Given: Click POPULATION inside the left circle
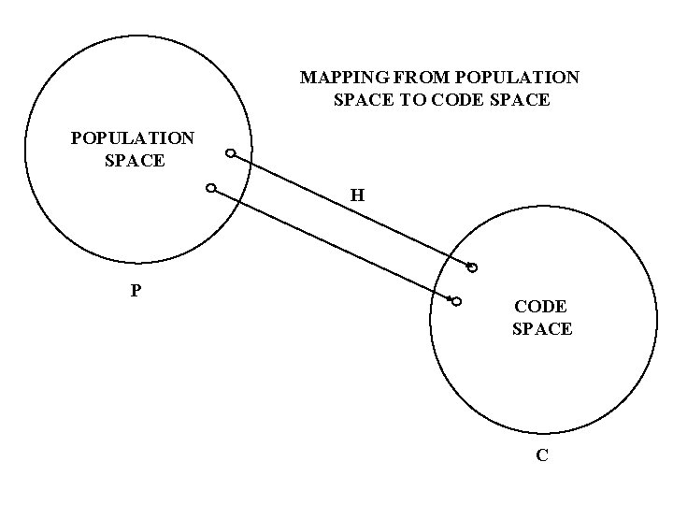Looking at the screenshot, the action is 133,138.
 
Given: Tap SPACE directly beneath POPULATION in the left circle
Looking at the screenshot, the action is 136,160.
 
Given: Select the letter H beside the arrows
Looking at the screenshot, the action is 358,196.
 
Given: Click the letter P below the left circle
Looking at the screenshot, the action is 136,290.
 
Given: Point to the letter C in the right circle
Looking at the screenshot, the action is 542,455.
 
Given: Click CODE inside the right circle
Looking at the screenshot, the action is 541,307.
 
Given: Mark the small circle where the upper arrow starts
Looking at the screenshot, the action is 230,154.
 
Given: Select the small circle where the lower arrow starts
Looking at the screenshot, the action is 211,189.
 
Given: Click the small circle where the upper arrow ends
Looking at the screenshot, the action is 473,268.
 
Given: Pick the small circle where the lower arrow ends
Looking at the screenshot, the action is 457,301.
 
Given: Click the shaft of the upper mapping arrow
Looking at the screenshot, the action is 351,211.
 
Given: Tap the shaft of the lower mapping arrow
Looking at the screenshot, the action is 332,244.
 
